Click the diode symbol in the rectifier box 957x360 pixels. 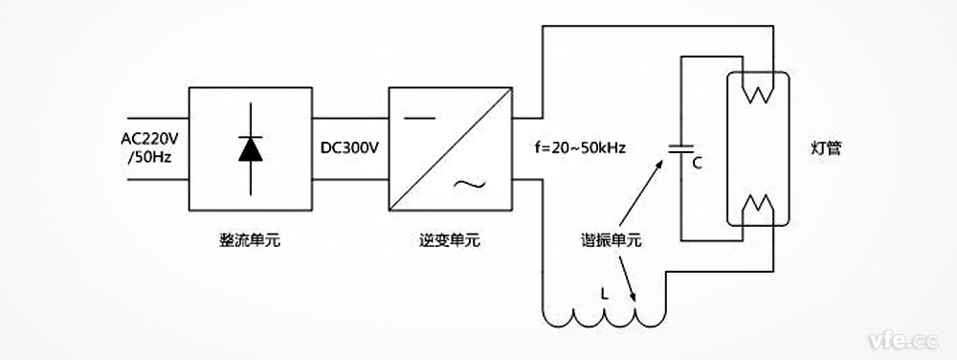click(251, 148)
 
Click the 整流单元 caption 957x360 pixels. click(250, 241)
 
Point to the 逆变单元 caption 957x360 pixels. click(450, 241)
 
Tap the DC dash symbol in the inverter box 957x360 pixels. click(418, 120)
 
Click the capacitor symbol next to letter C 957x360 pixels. click(681, 149)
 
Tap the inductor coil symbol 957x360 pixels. click(603, 317)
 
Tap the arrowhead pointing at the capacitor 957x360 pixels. click(661, 164)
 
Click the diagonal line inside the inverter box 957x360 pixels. click(451, 148)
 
